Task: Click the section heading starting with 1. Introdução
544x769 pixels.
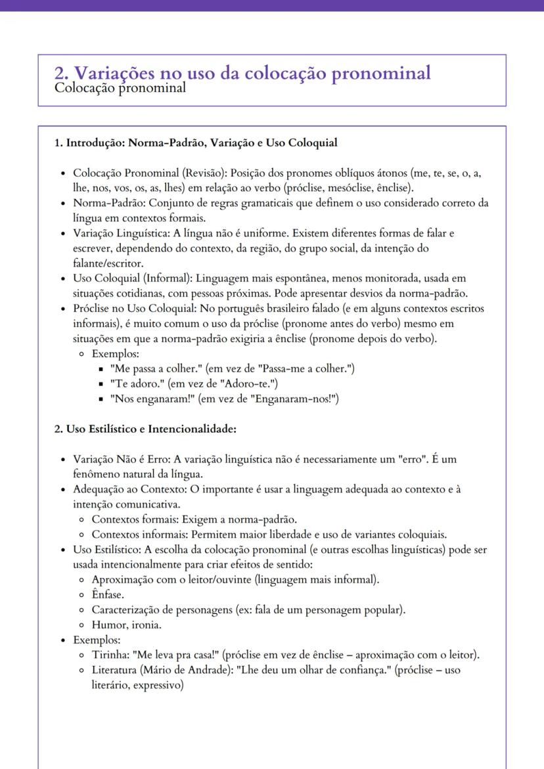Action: pos(196,143)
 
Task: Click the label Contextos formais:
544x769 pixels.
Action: pos(134,519)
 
